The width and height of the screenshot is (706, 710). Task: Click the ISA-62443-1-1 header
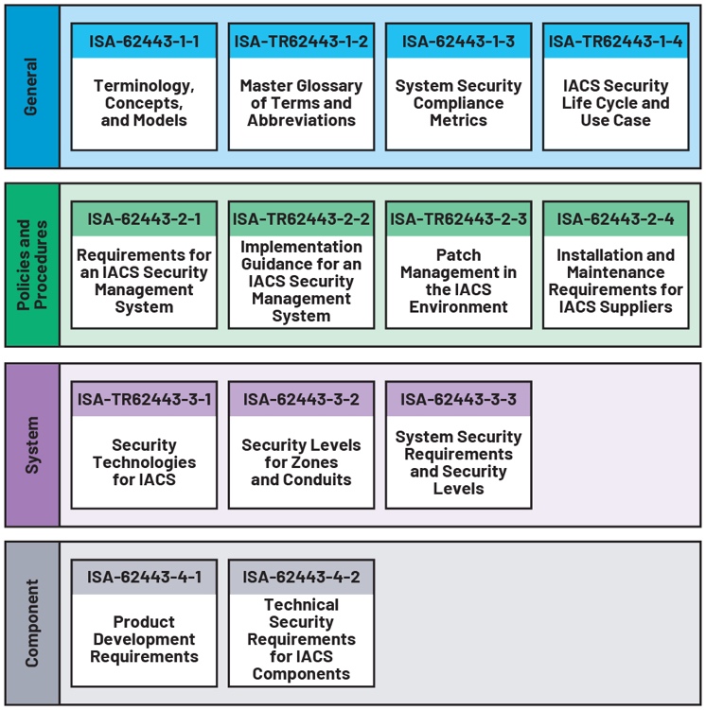[x=144, y=42]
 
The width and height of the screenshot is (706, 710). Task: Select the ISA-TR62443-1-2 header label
[x=301, y=42]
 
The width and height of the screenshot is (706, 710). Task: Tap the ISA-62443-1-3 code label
[x=458, y=42]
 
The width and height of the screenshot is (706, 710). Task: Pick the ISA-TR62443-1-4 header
[x=615, y=42]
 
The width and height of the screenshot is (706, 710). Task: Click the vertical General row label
[x=31, y=86]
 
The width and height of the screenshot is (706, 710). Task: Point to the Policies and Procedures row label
[x=31, y=265]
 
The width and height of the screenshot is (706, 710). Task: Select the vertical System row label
[x=31, y=444]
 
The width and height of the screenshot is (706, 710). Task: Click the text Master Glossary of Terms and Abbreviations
[x=301, y=103]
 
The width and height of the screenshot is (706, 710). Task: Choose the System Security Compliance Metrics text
[x=458, y=103]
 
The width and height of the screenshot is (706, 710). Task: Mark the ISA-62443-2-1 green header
[x=144, y=219]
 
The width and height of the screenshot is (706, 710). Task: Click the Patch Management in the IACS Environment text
[x=458, y=281]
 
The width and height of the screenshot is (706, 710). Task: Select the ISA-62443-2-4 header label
[x=615, y=219]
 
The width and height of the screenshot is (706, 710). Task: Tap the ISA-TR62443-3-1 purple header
[x=144, y=399]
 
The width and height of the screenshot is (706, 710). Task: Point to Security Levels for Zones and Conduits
[x=301, y=462]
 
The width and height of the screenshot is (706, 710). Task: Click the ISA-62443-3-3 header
[x=458, y=399]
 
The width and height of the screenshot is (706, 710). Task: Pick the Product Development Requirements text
[x=144, y=639]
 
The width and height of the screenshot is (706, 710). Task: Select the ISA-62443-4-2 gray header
[x=301, y=577]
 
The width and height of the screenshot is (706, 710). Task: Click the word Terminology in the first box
[x=144, y=86]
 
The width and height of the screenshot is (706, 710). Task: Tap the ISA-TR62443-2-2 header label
[x=301, y=219]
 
